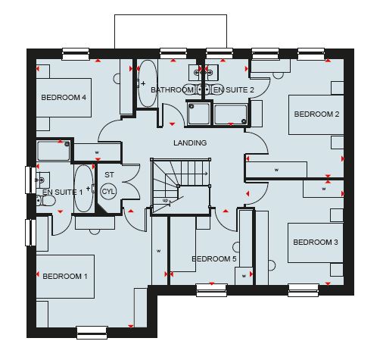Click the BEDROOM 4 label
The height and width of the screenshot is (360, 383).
tap(64, 97)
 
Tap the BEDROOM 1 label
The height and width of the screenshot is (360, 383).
tap(65, 276)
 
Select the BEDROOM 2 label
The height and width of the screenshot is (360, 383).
tap(316, 114)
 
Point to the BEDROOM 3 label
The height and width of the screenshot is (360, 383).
tap(316, 242)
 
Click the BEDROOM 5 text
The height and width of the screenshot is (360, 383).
tap(214, 258)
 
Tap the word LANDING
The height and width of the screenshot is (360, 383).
tap(190, 142)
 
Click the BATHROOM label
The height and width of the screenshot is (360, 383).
tap(172, 89)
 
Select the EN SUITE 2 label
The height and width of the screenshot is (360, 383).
tap(234, 89)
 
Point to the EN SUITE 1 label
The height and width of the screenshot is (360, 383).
tap(62, 192)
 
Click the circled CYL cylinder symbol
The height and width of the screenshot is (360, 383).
tap(108, 192)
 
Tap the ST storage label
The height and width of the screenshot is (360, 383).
tap(109, 174)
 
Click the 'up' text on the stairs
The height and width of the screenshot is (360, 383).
tap(165, 200)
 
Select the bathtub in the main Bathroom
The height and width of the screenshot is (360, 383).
tap(148, 83)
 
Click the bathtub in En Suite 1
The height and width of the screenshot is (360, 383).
tap(84, 189)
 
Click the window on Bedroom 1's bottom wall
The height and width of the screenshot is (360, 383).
tap(92, 332)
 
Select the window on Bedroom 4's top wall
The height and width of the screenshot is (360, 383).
tap(76, 54)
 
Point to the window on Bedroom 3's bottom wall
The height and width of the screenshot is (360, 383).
tap(304, 290)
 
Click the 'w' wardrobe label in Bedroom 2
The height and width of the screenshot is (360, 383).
tap(276, 170)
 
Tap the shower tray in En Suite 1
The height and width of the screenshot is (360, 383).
tap(53, 151)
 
